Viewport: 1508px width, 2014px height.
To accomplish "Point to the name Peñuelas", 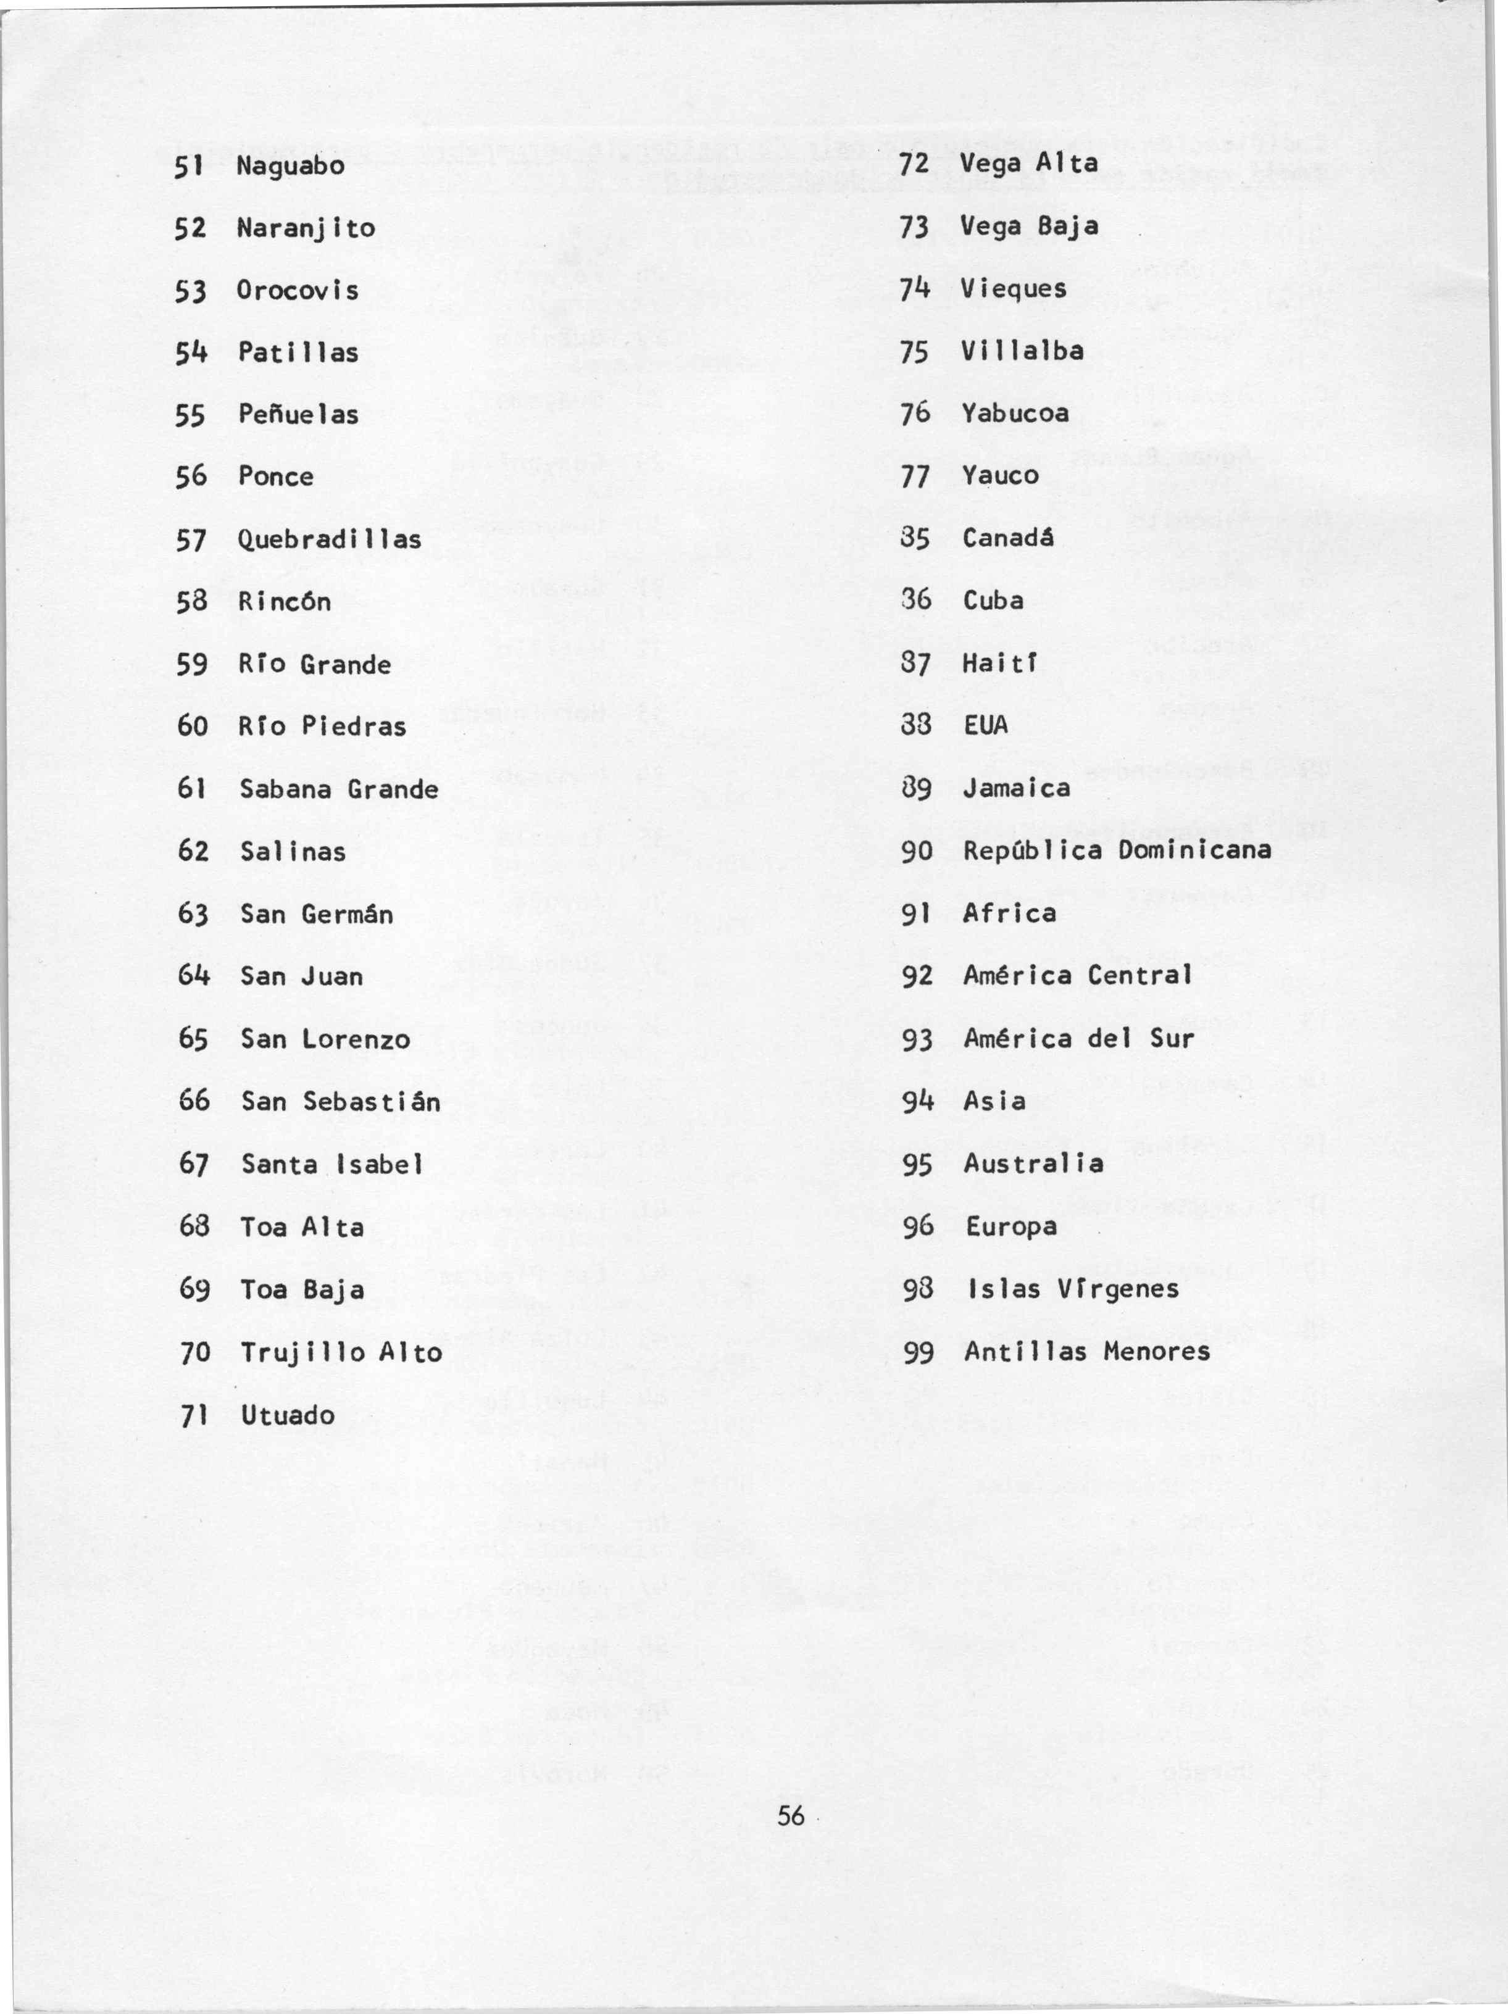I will (298, 414).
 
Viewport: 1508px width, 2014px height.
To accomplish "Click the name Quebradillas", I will (330, 539).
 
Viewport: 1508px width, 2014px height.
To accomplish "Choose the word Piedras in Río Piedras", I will (353, 726).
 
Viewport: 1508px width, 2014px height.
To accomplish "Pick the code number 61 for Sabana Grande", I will (191, 788).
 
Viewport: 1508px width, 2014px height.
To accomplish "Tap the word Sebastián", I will (372, 1102).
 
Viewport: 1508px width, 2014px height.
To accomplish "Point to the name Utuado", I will (288, 1415).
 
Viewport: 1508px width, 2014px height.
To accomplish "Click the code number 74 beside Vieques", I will (914, 289).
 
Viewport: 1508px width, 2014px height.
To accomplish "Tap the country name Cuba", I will (993, 600).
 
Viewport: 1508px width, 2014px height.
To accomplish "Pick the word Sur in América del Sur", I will (1172, 1038).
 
